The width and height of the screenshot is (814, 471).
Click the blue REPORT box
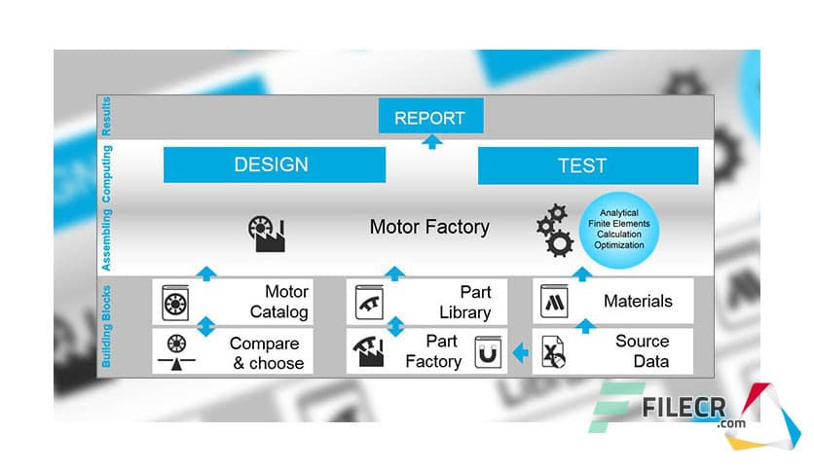[x=429, y=118]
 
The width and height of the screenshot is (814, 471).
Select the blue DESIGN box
[x=271, y=164]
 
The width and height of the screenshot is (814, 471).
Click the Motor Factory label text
[x=429, y=227]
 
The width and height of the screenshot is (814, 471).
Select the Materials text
[x=638, y=302]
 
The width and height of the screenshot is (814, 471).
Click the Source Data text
[x=642, y=351]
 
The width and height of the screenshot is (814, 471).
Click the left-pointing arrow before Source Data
[x=521, y=352]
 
